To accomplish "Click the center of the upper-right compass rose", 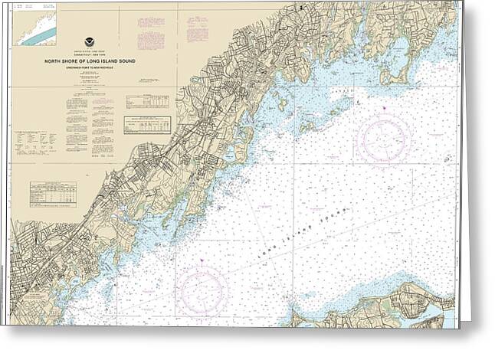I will click(383, 139).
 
